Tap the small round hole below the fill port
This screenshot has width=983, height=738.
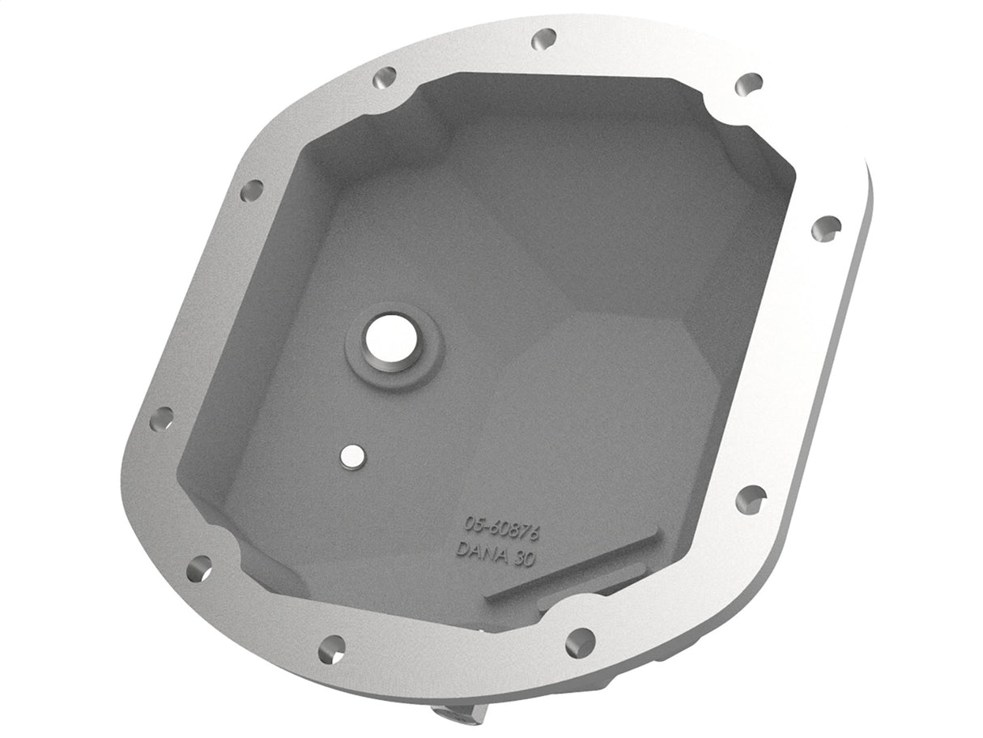pos(351,457)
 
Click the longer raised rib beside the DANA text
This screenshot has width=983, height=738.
pos(572,564)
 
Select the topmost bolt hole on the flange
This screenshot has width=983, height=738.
pos(544,38)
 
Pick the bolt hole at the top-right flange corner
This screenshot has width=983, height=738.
pos(749,83)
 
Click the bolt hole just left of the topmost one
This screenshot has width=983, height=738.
pos(384,78)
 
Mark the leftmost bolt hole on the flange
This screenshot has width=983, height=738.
pos(162,418)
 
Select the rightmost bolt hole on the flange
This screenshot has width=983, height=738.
pos(826,228)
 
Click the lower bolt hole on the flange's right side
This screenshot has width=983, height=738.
pos(751,498)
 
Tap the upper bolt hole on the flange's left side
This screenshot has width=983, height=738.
pos(252,192)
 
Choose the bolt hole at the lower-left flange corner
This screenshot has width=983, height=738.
pos(198,567)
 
